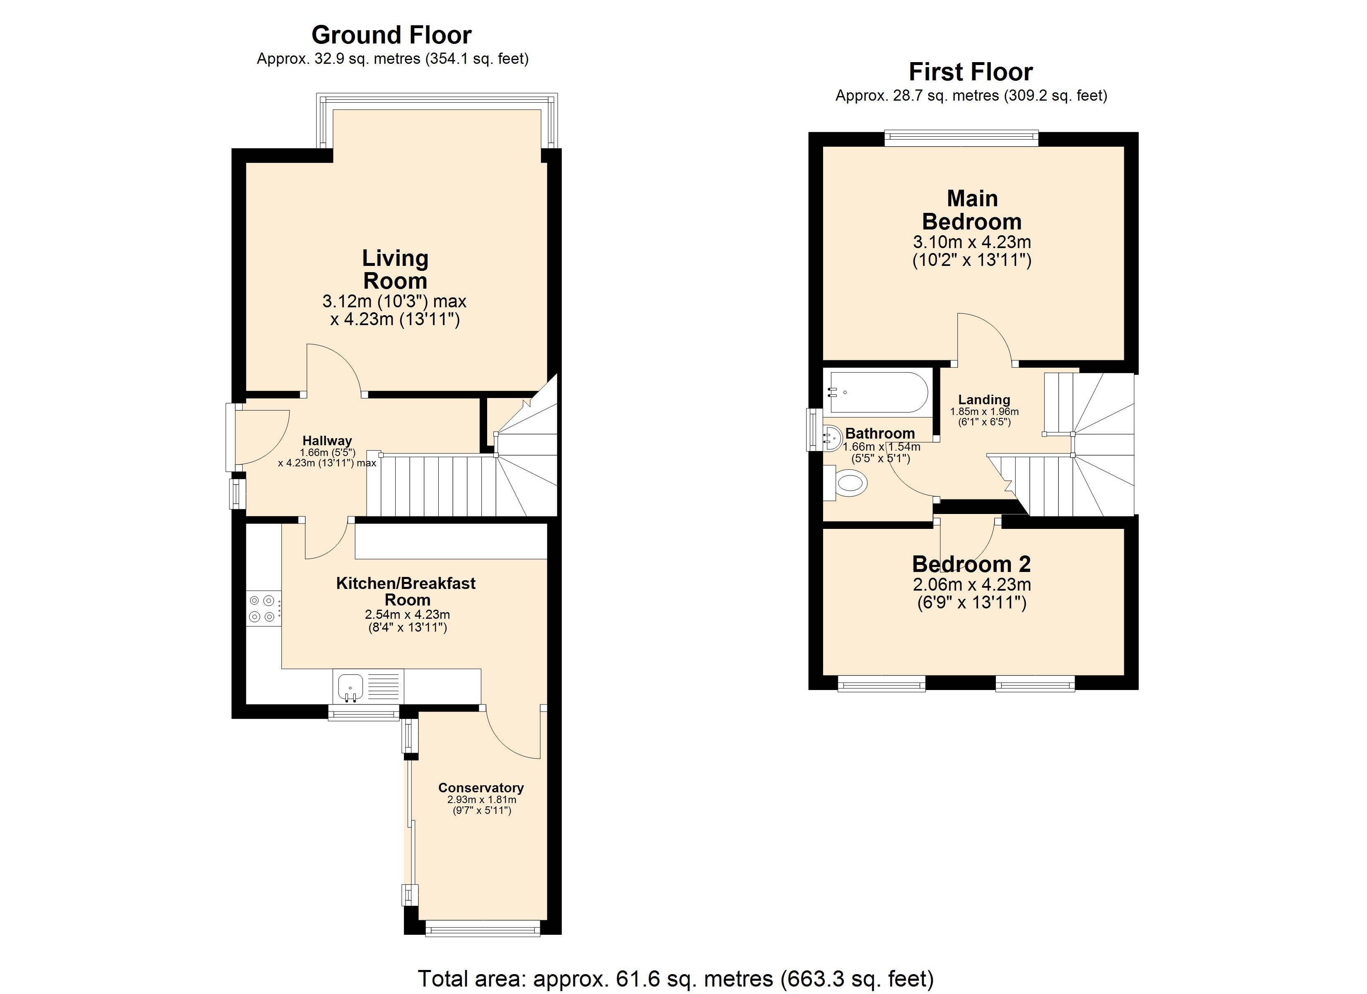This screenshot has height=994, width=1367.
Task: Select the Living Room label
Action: click(x=395, y=270)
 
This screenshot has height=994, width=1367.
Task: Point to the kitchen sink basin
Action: click(x=350, y=687)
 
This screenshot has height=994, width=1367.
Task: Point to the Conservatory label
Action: click(x=481, y=788)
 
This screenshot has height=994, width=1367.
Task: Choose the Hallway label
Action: click(x=327, y=441)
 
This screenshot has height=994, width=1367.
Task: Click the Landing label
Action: click(x=984, y=400)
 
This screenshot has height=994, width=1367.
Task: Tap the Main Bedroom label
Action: click(x=972, y=210)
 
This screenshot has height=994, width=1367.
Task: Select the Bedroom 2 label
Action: click(x=972, y=564)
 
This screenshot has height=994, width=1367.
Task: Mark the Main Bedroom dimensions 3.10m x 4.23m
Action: click(x=972, y=242)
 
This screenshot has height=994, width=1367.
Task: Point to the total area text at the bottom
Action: click(x=676, y=978)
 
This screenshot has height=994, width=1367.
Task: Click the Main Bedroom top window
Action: click(x=961, y=139)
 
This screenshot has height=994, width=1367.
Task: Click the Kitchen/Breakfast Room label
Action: click(x=406, y=591)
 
